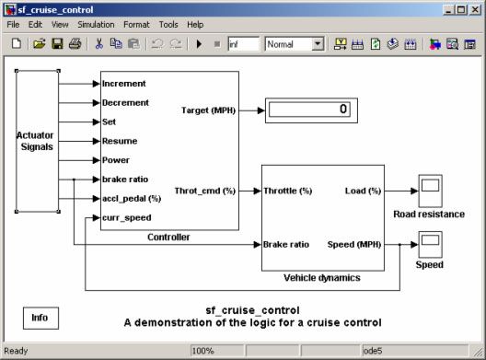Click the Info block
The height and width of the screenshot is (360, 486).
[40, 318]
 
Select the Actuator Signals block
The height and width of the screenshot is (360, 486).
[36, 141]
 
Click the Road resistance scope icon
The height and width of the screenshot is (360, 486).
[429, 191]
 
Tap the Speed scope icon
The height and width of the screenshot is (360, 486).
[429, 244]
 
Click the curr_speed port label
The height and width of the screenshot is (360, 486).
[128, 218]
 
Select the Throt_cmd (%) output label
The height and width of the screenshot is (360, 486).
[204, 191]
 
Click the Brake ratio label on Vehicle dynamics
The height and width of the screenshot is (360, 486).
[286, 245]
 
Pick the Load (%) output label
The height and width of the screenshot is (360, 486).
[363, 191]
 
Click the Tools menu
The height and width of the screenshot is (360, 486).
[168, 24]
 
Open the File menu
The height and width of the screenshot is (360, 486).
[13, 24]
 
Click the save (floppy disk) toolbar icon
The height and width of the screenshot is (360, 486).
[57, 43]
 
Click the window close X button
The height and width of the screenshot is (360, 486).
[475, 8]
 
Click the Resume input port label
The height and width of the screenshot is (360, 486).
[121, 141]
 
